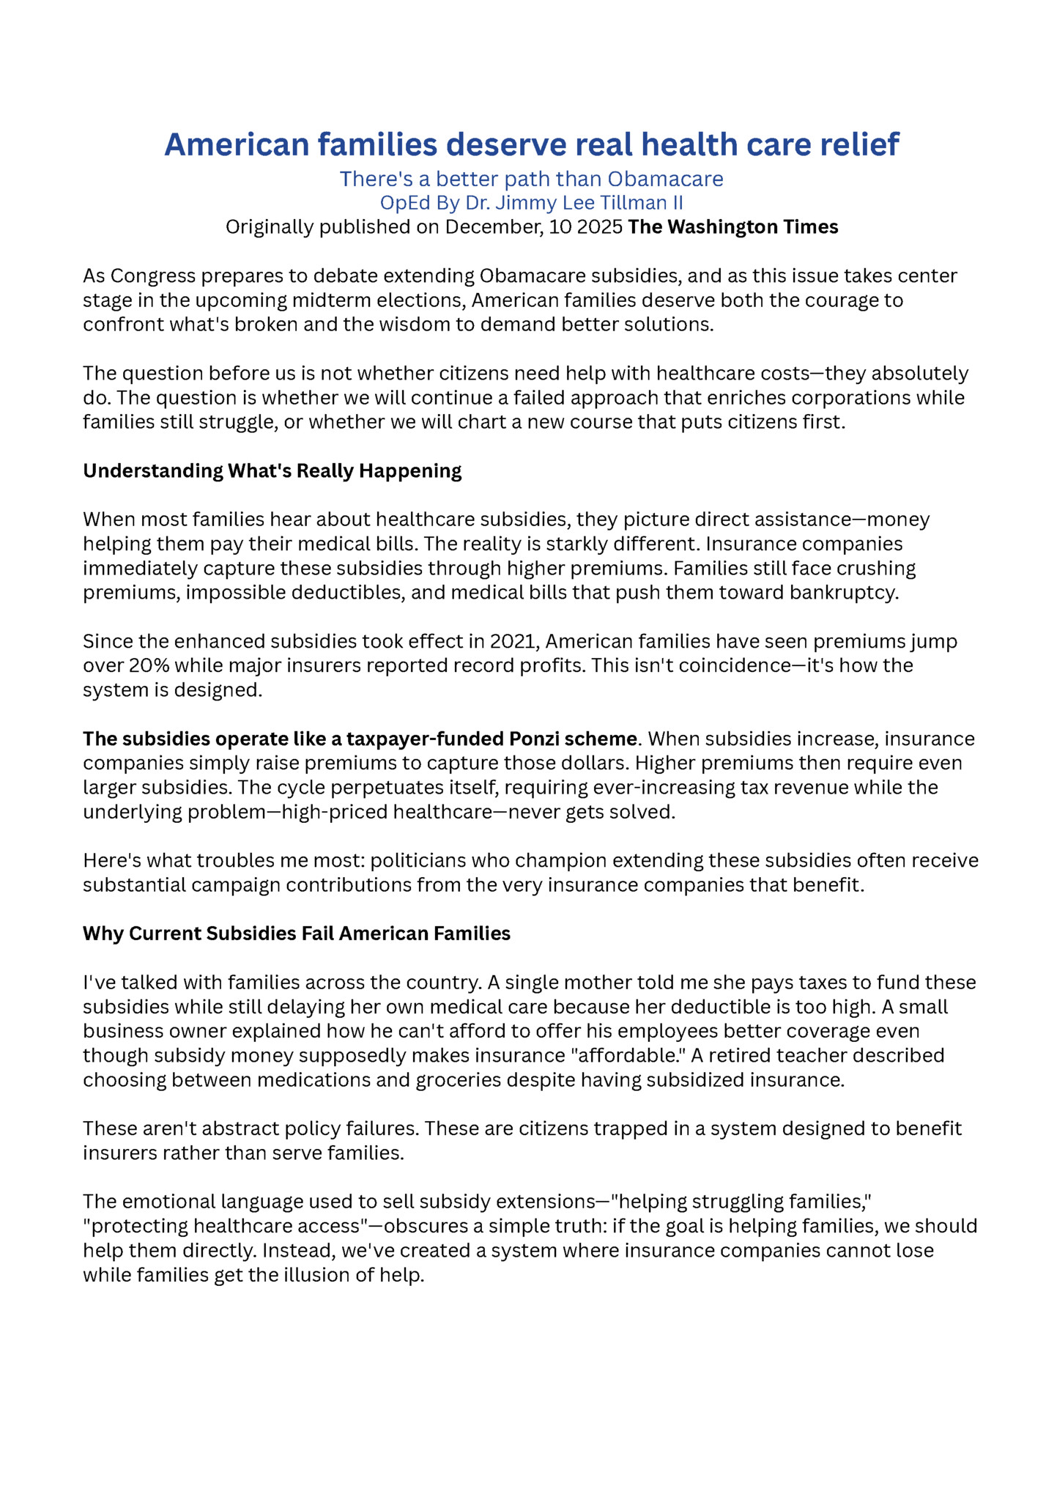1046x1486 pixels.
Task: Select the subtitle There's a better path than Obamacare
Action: (x=531, y=179)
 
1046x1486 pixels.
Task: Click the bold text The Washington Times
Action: (x=732, y=227)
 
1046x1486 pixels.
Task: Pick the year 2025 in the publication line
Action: (x=600, y=227)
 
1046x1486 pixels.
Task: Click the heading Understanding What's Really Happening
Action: (x=272, y=470)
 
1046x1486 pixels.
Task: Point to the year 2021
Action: (x=514, y=641)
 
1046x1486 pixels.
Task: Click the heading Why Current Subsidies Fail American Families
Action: (x=297, y=934)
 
